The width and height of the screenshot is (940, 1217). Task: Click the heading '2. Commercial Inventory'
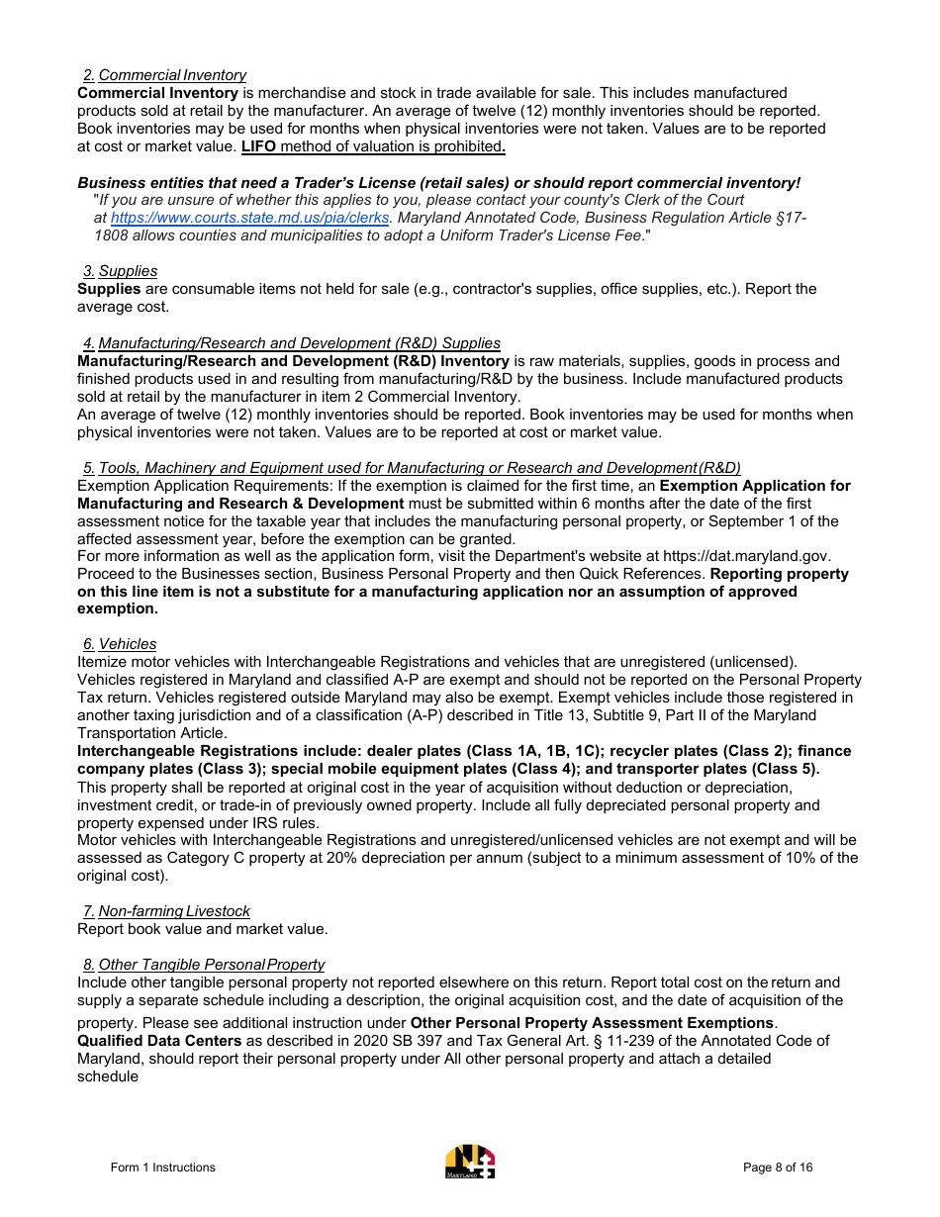164,75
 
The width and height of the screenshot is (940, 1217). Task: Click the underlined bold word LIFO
258,146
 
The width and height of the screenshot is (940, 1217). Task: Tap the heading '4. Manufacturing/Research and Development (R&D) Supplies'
292,343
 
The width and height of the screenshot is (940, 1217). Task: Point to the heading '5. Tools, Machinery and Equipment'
412,468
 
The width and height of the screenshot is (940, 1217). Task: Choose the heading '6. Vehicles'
120,644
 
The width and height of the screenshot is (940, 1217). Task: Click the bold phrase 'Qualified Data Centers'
159,1041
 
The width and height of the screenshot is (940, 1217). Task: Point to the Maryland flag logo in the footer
470,1162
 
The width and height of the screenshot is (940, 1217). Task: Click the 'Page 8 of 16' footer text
778,1168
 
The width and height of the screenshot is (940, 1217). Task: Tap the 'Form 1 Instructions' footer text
162,1168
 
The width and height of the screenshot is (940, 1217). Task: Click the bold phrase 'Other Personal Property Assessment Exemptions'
592,1022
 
